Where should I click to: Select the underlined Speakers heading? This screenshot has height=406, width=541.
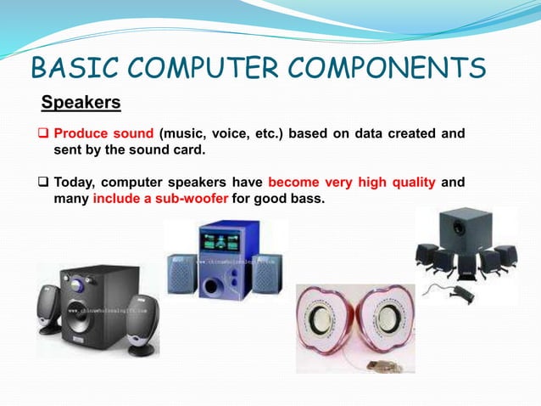81,104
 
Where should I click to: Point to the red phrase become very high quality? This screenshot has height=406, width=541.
351,182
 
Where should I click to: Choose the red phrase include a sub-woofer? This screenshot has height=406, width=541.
160,199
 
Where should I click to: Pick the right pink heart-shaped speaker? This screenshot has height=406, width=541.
386,323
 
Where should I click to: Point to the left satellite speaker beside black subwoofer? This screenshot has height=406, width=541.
49,310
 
